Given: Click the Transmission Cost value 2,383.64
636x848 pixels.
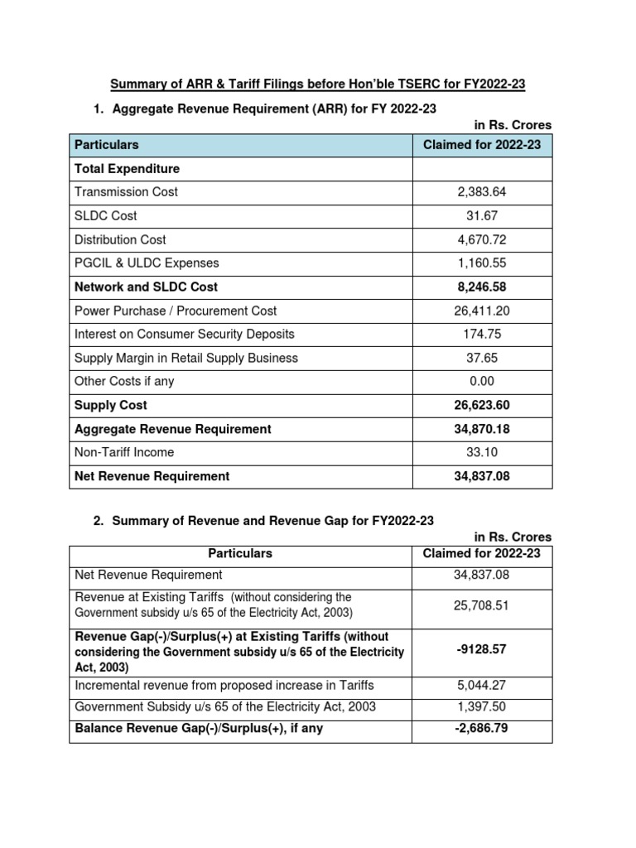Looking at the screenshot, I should click(481, 192).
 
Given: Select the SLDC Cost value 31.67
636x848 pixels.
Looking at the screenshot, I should click(481, 216).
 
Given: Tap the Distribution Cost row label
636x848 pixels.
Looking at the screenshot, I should click(120, 240).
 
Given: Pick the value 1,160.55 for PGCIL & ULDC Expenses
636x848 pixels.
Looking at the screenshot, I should click(481, 263).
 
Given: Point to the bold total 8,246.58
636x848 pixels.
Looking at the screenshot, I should click(481, 287).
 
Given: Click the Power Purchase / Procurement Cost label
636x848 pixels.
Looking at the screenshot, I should click(176, 311).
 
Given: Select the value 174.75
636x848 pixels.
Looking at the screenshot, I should click(481, 335).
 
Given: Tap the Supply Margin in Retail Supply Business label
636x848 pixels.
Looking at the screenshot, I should click(186, 359).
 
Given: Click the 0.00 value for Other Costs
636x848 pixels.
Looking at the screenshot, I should click(481, 382).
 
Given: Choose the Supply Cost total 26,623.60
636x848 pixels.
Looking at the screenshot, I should click(481, 406).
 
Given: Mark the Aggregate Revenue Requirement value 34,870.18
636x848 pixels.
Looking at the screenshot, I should click(481, 430).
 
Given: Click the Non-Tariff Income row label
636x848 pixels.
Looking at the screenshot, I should click(124, 453).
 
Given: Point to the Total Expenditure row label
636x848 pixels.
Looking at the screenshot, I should click(127, 169).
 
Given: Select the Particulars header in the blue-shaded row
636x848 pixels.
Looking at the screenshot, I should click(107, 145).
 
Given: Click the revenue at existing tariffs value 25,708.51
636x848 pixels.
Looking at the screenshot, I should click(481, 606).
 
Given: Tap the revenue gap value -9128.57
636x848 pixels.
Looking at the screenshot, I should click(481, 650).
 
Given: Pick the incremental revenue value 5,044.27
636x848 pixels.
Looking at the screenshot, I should click(481, 686).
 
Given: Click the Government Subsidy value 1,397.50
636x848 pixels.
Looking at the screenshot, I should click(481, 707).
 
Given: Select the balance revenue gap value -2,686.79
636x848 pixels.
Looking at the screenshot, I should click(481, 730).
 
